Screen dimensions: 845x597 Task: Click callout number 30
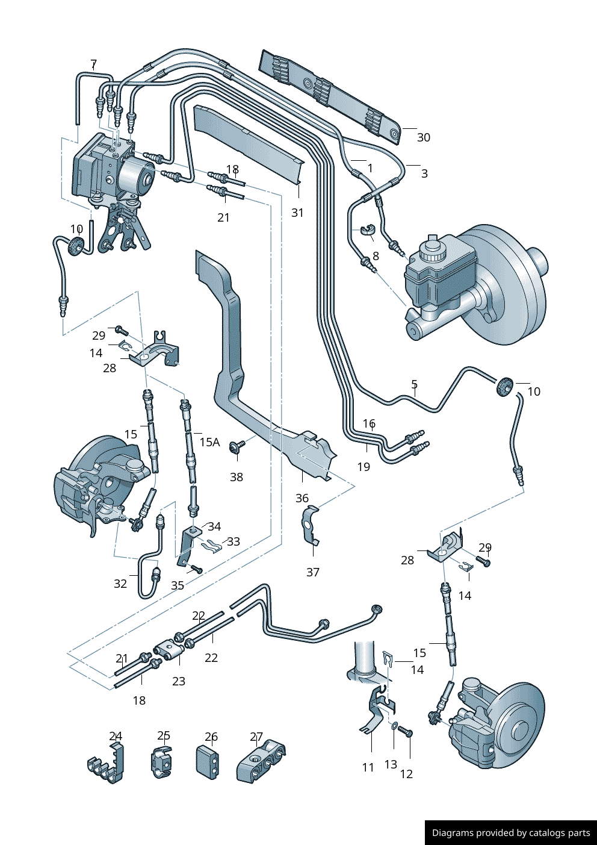424,137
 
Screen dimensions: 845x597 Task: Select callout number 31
297,213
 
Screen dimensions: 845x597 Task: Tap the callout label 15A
209,442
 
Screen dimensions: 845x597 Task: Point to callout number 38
237,477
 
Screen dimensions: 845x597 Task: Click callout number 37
313,572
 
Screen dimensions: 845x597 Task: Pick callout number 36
302,498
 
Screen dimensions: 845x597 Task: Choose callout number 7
93,64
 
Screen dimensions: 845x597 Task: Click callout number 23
179,681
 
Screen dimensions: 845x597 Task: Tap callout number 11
368,767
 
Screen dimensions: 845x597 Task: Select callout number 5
414,384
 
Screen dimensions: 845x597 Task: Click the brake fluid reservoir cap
431,247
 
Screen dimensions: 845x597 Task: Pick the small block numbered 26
208,762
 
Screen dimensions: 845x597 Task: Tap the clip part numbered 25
161,762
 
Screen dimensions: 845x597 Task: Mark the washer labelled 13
394,726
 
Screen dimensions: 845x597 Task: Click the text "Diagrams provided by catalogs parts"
511,833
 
